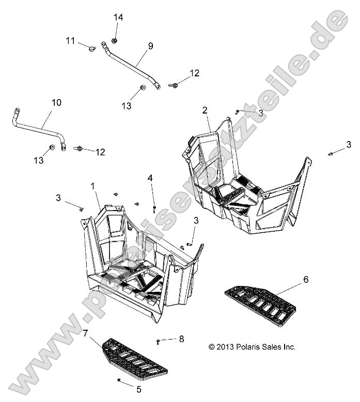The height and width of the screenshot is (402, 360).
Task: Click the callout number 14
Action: [x=118, y=18]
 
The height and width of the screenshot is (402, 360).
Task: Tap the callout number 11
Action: [x=70, y=41]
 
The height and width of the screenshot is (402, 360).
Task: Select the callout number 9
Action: [x=151, y=46]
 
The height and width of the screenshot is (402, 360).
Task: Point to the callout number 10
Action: [x=56, y=103]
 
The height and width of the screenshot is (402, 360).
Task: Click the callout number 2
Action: [x=205, y=110]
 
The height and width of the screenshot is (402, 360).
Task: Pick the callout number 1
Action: [x=93, y=186]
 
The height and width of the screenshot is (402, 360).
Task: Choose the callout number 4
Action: [x=150, y=178]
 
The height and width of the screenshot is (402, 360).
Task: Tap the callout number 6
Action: [x=306, y=279]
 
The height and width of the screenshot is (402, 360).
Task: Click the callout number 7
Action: [x=85, y=333]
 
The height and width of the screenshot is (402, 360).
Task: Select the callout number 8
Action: [x=181, y=339]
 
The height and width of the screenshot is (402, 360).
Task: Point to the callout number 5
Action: [x=139, y=390]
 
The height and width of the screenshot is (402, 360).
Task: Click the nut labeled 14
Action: [x=115, y=40]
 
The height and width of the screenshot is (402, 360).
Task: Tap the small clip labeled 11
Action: [x=92, y=48]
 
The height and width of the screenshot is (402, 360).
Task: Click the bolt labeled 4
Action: [x=154, y=209]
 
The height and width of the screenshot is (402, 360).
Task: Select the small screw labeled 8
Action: [x=158, y=342]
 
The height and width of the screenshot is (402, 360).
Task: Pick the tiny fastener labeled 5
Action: [x=119, y=380]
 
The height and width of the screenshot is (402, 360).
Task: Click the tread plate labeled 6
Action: [x=260, y=306]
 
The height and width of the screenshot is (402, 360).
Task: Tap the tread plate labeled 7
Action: [x=135, y=359]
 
